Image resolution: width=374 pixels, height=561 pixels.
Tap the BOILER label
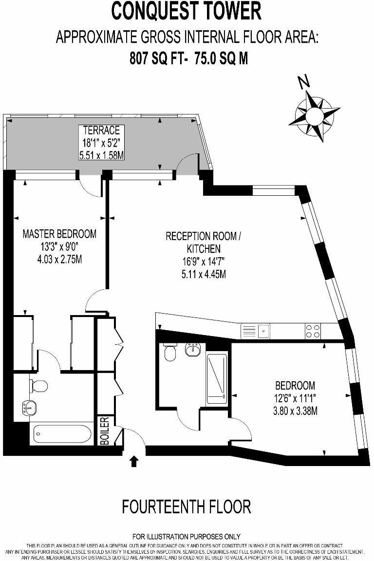click(104, 430)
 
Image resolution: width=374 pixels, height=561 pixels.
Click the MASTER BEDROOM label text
click(59, 234)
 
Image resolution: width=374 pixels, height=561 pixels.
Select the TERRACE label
click(101, 130)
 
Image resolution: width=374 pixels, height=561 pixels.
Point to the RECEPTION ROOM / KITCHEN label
click(203, 243)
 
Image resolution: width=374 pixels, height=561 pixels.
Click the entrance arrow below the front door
click(134, 461)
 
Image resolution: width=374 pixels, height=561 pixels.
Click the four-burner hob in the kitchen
click(313, 331)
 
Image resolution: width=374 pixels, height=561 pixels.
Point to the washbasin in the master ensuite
click(30, 407)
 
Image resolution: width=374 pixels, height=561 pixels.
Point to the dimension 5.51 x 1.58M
click(101, 155)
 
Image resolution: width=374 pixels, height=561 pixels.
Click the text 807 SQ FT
click(157, 59)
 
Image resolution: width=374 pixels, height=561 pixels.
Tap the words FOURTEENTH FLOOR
click(187, 506)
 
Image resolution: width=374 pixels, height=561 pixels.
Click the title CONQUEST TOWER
click(187, 11)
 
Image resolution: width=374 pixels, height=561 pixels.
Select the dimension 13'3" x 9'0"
click(59, 246)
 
